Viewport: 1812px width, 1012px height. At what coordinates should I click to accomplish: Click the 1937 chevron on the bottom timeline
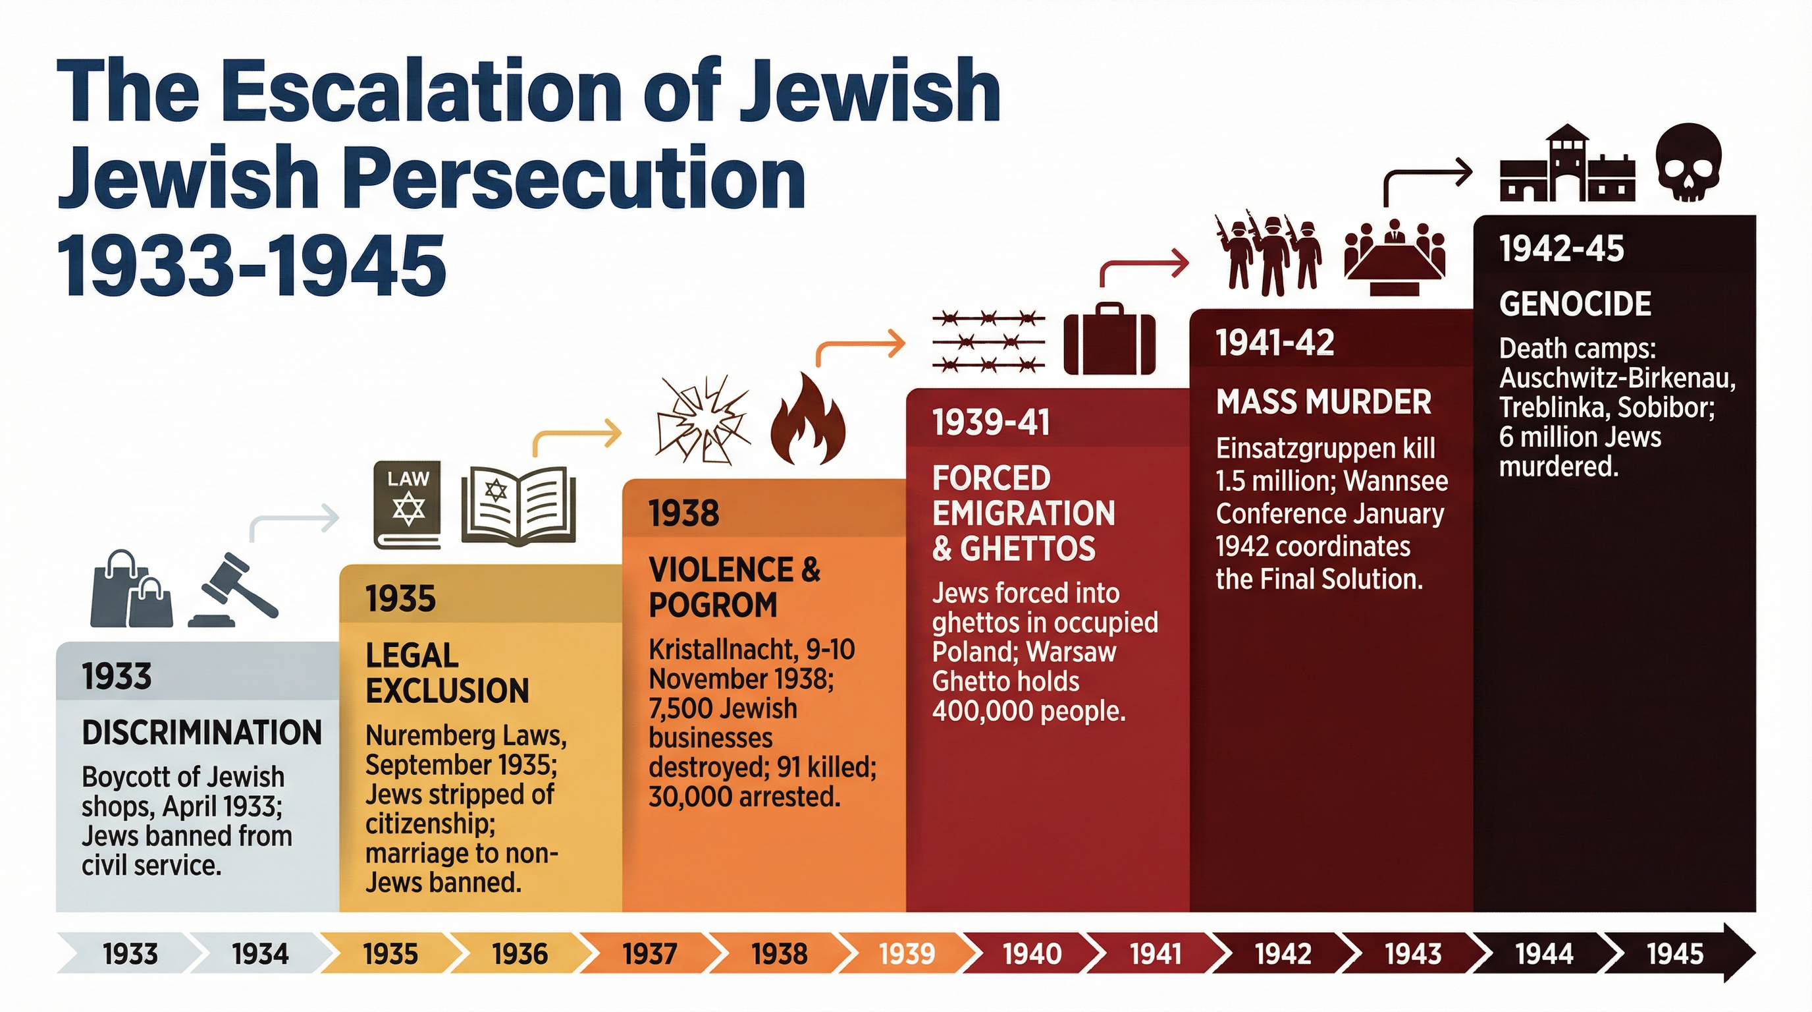pyautogui.click(x=649, y=954)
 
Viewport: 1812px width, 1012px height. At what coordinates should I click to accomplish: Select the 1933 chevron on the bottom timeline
pyautogui.click(x=130, y=954)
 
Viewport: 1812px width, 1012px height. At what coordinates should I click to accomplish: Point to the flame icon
pyautogui.click(x=807, y=420)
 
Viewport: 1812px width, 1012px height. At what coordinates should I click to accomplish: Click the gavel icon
pyautogui.click(x=235, y=590)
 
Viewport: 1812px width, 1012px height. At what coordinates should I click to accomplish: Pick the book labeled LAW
pyautogui.click(x=408, y=505)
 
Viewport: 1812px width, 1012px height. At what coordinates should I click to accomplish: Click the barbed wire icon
pyautogui.click(x=988, y=342)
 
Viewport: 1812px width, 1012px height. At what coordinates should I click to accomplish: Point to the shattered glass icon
pyautogui.click(x=702, y=420)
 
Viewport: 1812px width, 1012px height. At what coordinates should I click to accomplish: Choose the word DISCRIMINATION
pyautogui.click(x=202, y=733)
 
